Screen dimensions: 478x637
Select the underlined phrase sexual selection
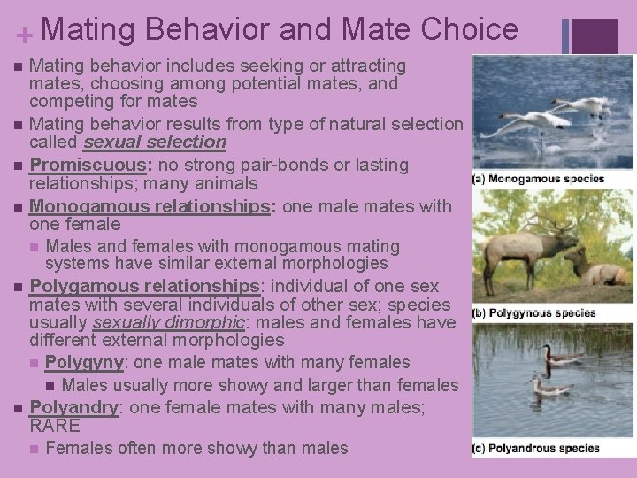[x=154, y=142]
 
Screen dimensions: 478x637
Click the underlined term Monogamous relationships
[x=145, y=206]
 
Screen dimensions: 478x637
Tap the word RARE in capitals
[x=56, y=425]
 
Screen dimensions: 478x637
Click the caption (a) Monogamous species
[x=539, y=179]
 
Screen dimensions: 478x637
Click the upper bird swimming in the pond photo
[x=559, y=356]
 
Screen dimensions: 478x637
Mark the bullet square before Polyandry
[x=19, y=408]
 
